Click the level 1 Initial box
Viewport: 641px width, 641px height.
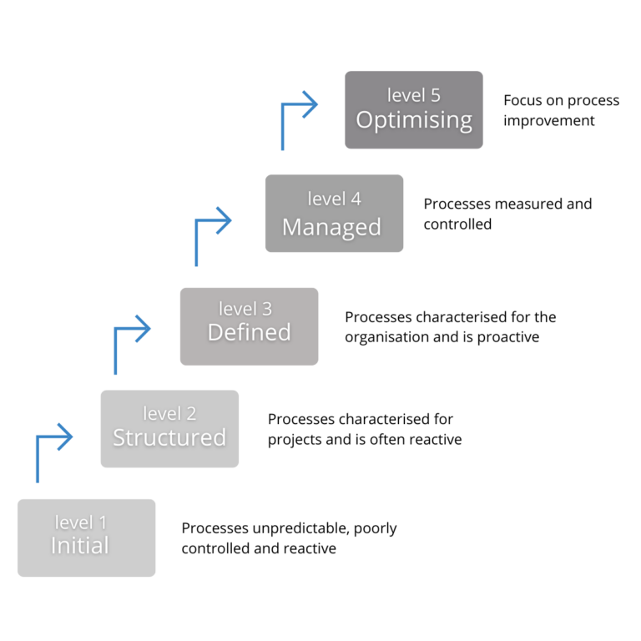click(x=86, y=538)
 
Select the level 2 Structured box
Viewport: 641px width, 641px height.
click(x=169, y=428)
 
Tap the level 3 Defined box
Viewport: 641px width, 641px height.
click(x=249, y=326)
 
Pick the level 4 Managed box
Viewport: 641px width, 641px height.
click(x=334, y=213)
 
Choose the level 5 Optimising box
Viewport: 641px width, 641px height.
click(x=413, y=109)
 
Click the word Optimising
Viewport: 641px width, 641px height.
click(x=414, y=120)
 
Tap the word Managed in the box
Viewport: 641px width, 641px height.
click(x=331, y=227)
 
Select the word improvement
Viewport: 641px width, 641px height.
click(x=548, y=121)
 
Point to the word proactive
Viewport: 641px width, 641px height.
click(x=508, y=337)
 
